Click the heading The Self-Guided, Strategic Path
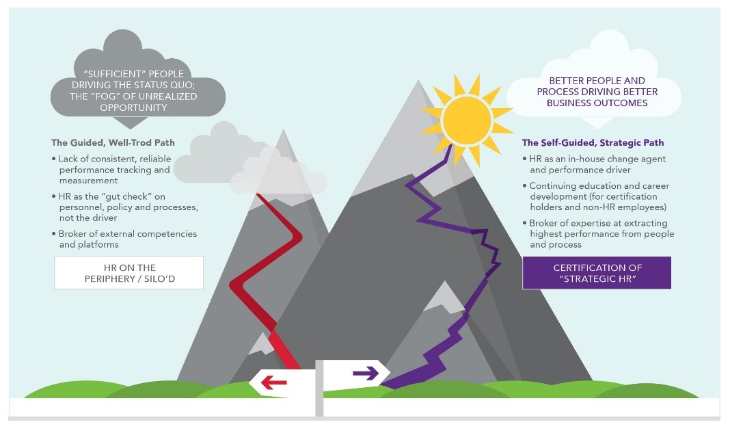[593, 143]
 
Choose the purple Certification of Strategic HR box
[597, 272]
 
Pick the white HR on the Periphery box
[129, 272]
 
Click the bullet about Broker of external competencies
[127, 239]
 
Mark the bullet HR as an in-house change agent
[597, 164]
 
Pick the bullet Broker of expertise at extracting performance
[601, 233]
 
